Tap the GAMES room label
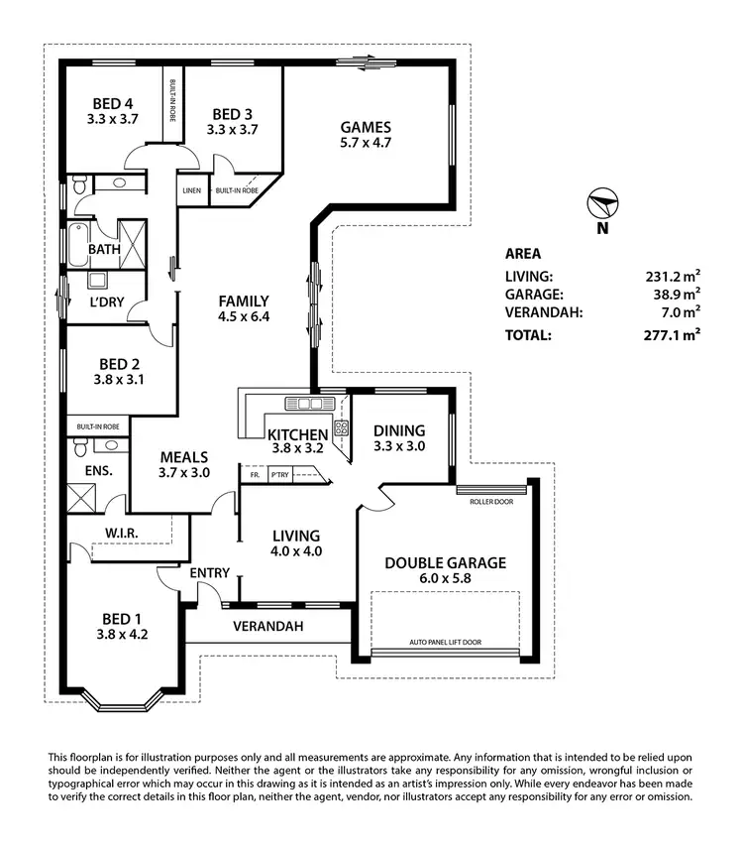pyautogui.click(x=366, y=127)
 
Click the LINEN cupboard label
pyautogui.click(x=192, y=189)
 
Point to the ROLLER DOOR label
pyautogui.click(x=492, y=501)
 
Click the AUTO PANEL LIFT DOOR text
pyautogui.click(x=445, y=643)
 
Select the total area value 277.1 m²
pyautogui.click(x=673, y=335)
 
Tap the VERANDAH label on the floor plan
pyautogui.click(x=267, y=627)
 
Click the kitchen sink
pyautogui.click(x=303, y=403)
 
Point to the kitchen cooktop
pyautogui.click(x=342, y=428)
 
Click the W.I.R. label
pyautogui.click(x=120, y=534)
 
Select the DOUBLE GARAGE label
pyautogui.click(x=445, y=562)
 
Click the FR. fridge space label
pyautogui.click(x=254, y=475)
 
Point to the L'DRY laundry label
pyautogui.click(x=106, y=302)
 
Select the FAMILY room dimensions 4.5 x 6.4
pyautogui.click(x=244, y=316)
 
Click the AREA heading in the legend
pyautogui.click(x=522, y=253)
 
